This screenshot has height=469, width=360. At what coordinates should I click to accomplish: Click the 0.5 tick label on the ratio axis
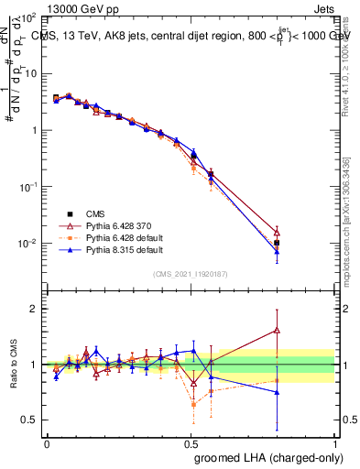pyautogui.click(x=28, y=420)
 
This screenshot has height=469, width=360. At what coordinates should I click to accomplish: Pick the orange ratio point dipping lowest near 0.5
pyautogui.click(x=193, y=404)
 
